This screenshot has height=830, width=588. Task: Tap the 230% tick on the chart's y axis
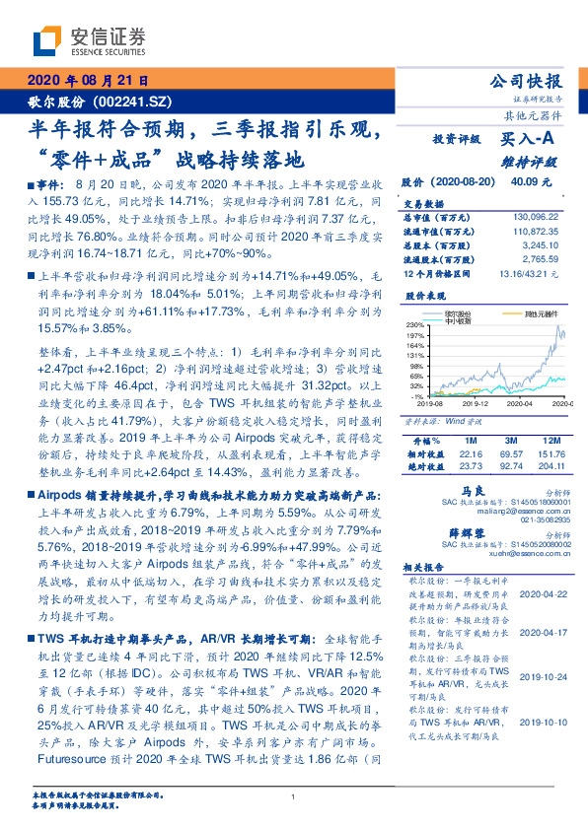413,324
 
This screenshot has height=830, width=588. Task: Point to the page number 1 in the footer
294,796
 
